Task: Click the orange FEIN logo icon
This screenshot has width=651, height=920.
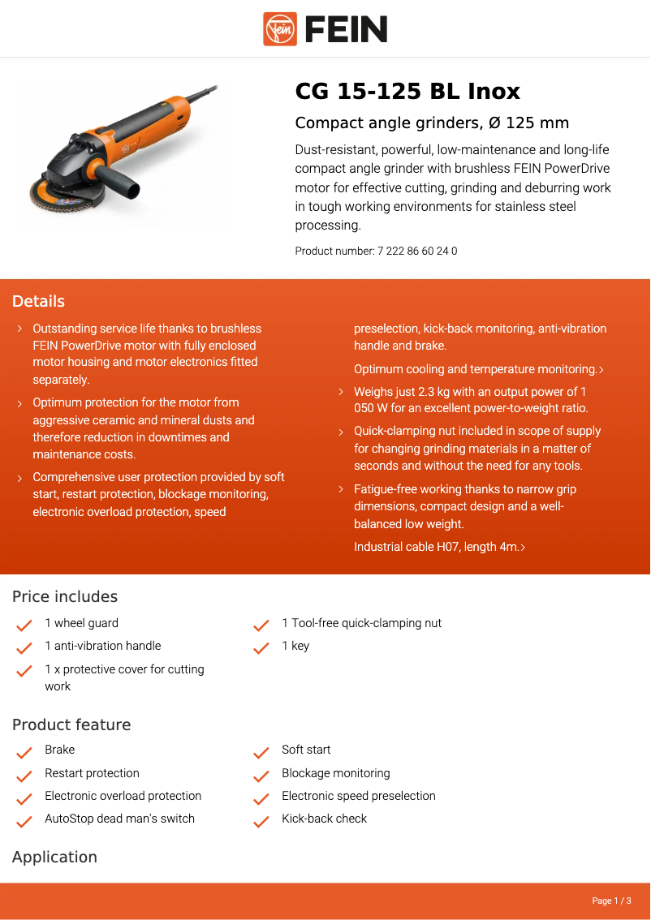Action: [x=280, y=29]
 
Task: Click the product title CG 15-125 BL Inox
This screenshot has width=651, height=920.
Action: [x=407, y=91]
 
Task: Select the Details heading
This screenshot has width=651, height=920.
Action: [x=38, y=302]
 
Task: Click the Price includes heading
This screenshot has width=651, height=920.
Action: [x=65, y=597]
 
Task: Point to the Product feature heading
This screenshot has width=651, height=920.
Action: [x=71, y=725]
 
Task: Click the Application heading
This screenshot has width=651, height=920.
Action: [x=54, y=858]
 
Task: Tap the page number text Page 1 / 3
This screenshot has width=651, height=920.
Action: [x=611, y=901]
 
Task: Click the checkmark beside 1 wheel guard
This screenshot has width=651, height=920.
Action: [x=24, y=626]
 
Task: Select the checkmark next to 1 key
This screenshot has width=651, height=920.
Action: [x=261, y=648]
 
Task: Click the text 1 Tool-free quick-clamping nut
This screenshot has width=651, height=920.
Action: [x=362, y=623]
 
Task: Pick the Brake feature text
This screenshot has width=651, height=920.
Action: [x=60, y=750]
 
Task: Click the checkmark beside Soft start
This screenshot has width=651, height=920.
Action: [x=261, y=752]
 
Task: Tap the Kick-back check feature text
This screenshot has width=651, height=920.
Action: [x=325, y=819]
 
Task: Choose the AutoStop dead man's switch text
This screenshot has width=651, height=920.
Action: [x=120, y=819]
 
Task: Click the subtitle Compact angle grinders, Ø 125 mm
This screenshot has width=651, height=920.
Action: [x=432, y=123]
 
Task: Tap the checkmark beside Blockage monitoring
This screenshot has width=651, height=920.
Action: [x=261, y=776]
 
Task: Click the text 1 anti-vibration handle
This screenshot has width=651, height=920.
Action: [x=103, y=646]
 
